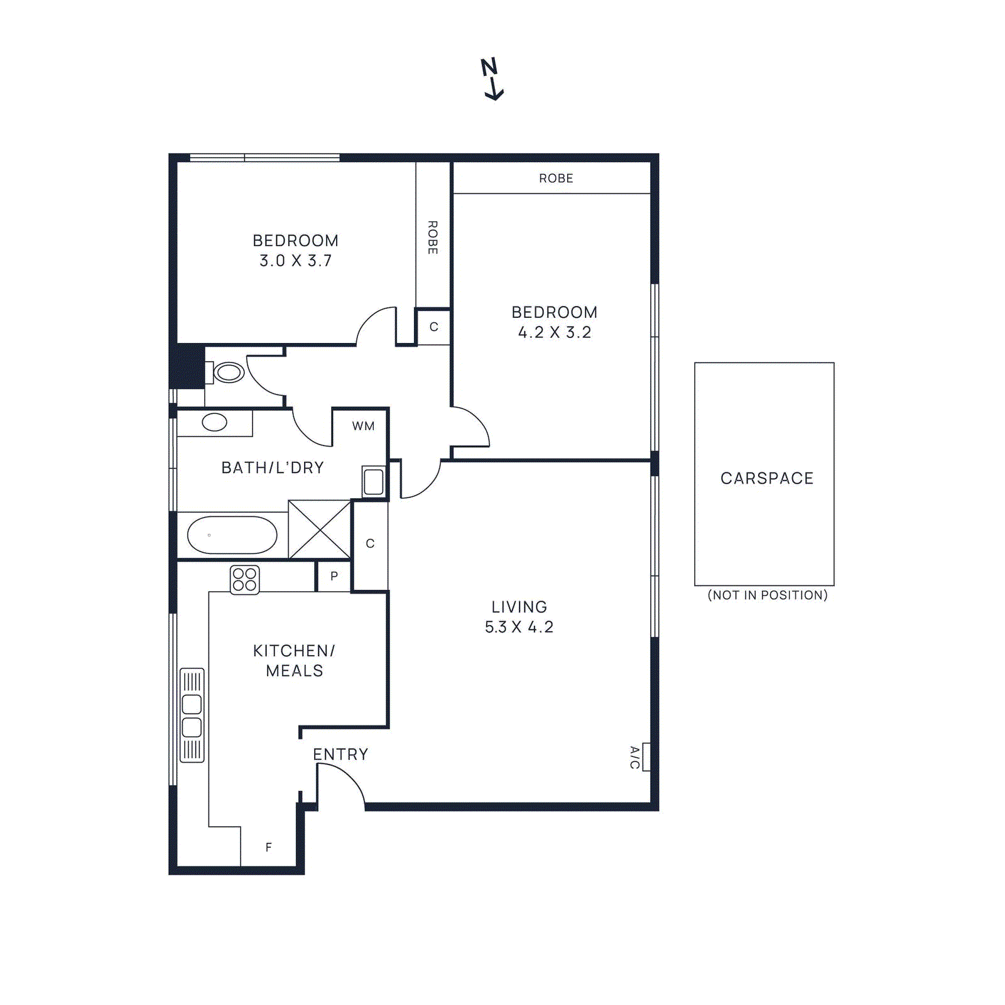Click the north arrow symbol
pos(492,79)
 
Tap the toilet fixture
pos(227,372)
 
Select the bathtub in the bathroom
pos(232,535)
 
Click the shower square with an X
pos(320,530)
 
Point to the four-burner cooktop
pos(244,579)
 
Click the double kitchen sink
pos(192,715)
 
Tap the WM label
pos(363,426)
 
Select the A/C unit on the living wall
pos(646,756)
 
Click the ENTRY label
pos(340,754)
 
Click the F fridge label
pos(269,847)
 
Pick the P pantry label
pos(334,576)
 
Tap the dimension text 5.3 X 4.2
pos(519,627)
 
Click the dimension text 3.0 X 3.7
pos(295,261)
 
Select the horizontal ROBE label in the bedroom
pos(556,178)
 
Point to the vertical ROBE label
pos(433,237)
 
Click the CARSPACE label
pos(767,479)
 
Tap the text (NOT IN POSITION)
pos(768,595)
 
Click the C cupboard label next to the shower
pos(370,543)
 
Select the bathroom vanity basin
pos(214,422)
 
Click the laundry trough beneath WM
pos(373,482)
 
